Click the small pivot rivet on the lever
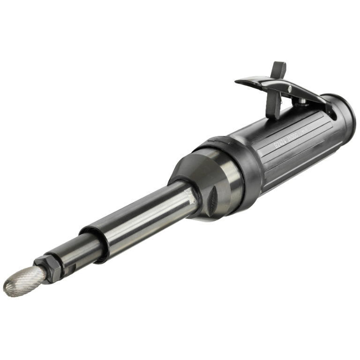(290, 88)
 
